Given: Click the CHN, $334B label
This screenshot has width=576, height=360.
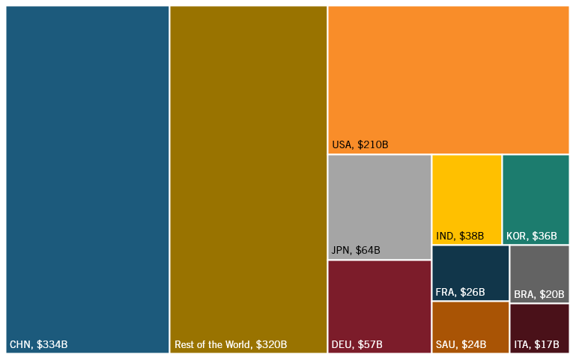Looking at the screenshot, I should pyautogui.click(x=38, y=345).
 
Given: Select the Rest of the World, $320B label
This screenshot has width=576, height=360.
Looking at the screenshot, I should pyautogui.click(x=231, y=345).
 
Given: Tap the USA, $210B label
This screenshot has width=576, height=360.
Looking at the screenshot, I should pyautogui.click(x=360, y=144).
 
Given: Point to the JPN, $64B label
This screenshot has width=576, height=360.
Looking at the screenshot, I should pyautogui.click(x=356, y=250).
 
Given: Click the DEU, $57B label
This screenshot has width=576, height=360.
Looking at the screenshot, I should pyautogui.click(x=357, y=345).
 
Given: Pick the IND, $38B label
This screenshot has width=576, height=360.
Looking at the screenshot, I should pyautogui.click(x=460, y=237).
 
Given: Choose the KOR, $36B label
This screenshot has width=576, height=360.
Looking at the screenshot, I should pyautogui.click(x=532, y=237).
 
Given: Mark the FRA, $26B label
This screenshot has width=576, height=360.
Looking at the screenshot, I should pyautogui.click(x=460, y=292).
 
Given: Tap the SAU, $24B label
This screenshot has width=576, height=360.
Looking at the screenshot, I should pyautogui.click(x=461, y=345).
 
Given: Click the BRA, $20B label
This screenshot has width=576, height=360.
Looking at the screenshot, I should pyautogui.click(x=539, y=295).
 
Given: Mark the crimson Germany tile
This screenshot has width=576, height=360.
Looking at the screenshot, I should pyautogui.click(x=379, y=299).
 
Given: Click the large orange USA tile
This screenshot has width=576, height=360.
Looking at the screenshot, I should pyautogui.click(x=448, y=75).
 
